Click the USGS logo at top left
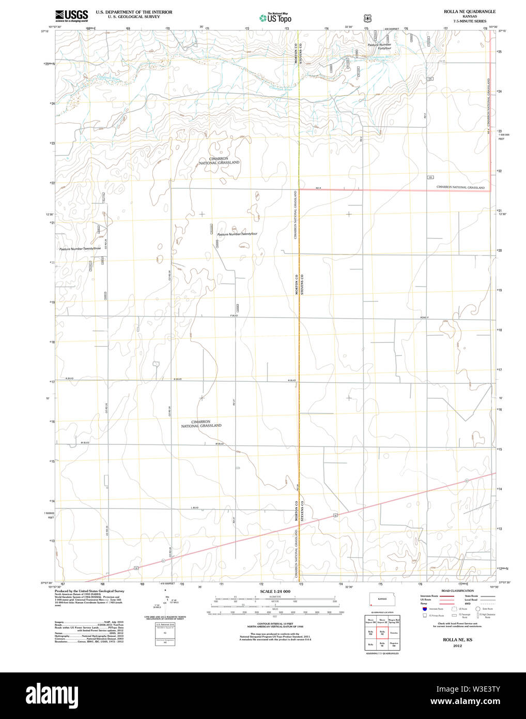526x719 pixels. (71, 16)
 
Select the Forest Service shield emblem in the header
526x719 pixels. (367, 18)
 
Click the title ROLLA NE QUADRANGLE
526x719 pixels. (469, 11)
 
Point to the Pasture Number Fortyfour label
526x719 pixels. (379, 47)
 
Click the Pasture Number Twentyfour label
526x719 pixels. (237, 234)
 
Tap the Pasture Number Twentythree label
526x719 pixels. (80, 249)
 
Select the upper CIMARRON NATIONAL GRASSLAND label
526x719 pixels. (219, 160)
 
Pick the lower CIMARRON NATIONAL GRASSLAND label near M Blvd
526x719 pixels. (201, 424)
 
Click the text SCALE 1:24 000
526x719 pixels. (275, 591)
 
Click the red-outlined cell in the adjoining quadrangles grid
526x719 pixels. (382, 632)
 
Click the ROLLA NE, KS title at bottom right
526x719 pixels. (457, 640)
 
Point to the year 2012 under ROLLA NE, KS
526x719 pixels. (457, 646)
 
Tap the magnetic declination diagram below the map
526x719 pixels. (166, 600)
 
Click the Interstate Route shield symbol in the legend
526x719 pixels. (424, 609)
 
